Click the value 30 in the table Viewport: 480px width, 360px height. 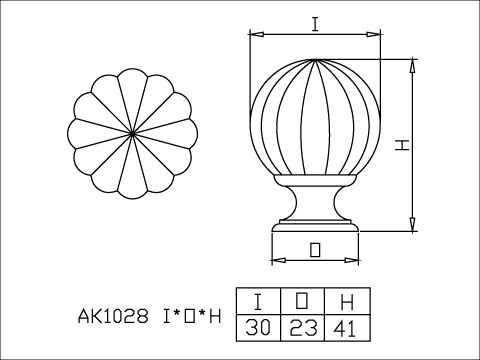coord(258,328)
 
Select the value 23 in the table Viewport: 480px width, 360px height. coord(303,328)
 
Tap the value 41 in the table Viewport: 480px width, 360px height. coord(345,328)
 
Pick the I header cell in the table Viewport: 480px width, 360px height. coord(258,301)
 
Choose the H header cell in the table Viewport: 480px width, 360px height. coord(347,302)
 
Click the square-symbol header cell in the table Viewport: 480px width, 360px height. coord(302,301)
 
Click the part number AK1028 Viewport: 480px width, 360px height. coord(113,316)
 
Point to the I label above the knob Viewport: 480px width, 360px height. coord(315,24)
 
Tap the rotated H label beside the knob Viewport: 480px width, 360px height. coord(402,145)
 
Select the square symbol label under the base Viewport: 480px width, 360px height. coord(315,250)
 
